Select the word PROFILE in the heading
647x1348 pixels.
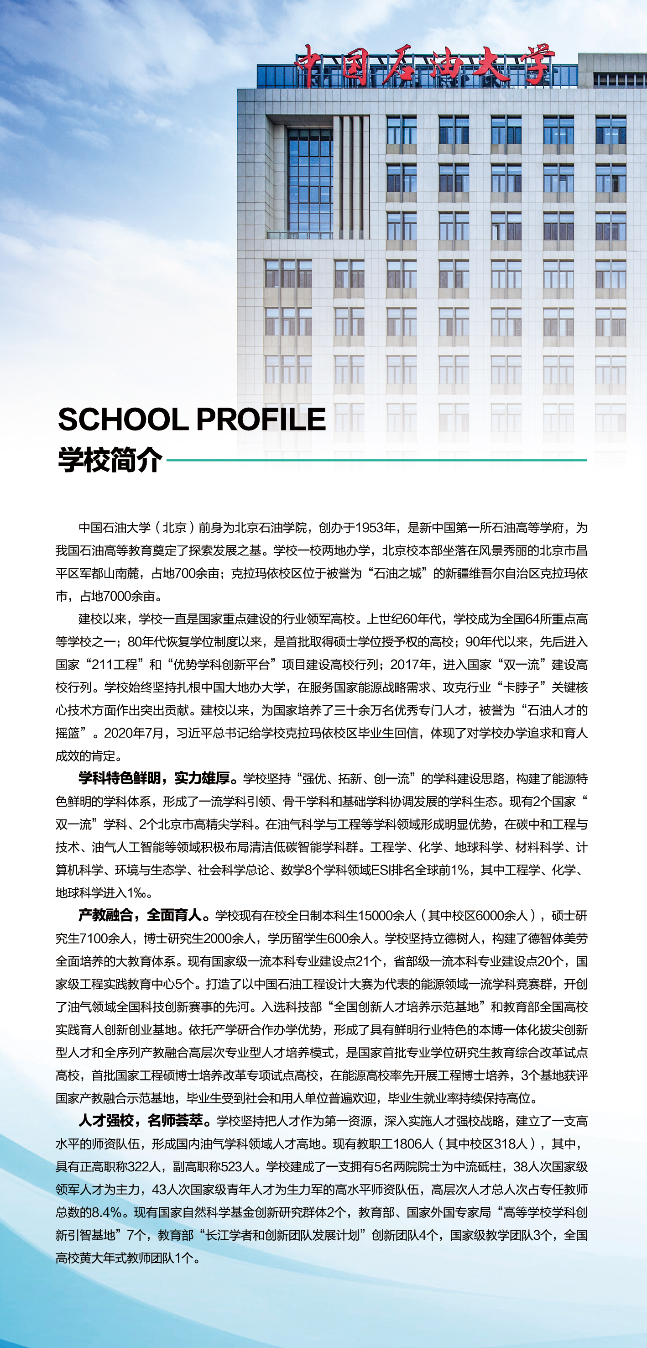tap(261, 420)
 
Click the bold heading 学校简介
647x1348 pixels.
tap(110, 461)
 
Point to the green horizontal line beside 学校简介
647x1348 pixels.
tap(376, 461)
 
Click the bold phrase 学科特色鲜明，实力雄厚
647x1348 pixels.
tap(154, 779)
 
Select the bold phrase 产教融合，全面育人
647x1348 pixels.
tap(140, 915)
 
